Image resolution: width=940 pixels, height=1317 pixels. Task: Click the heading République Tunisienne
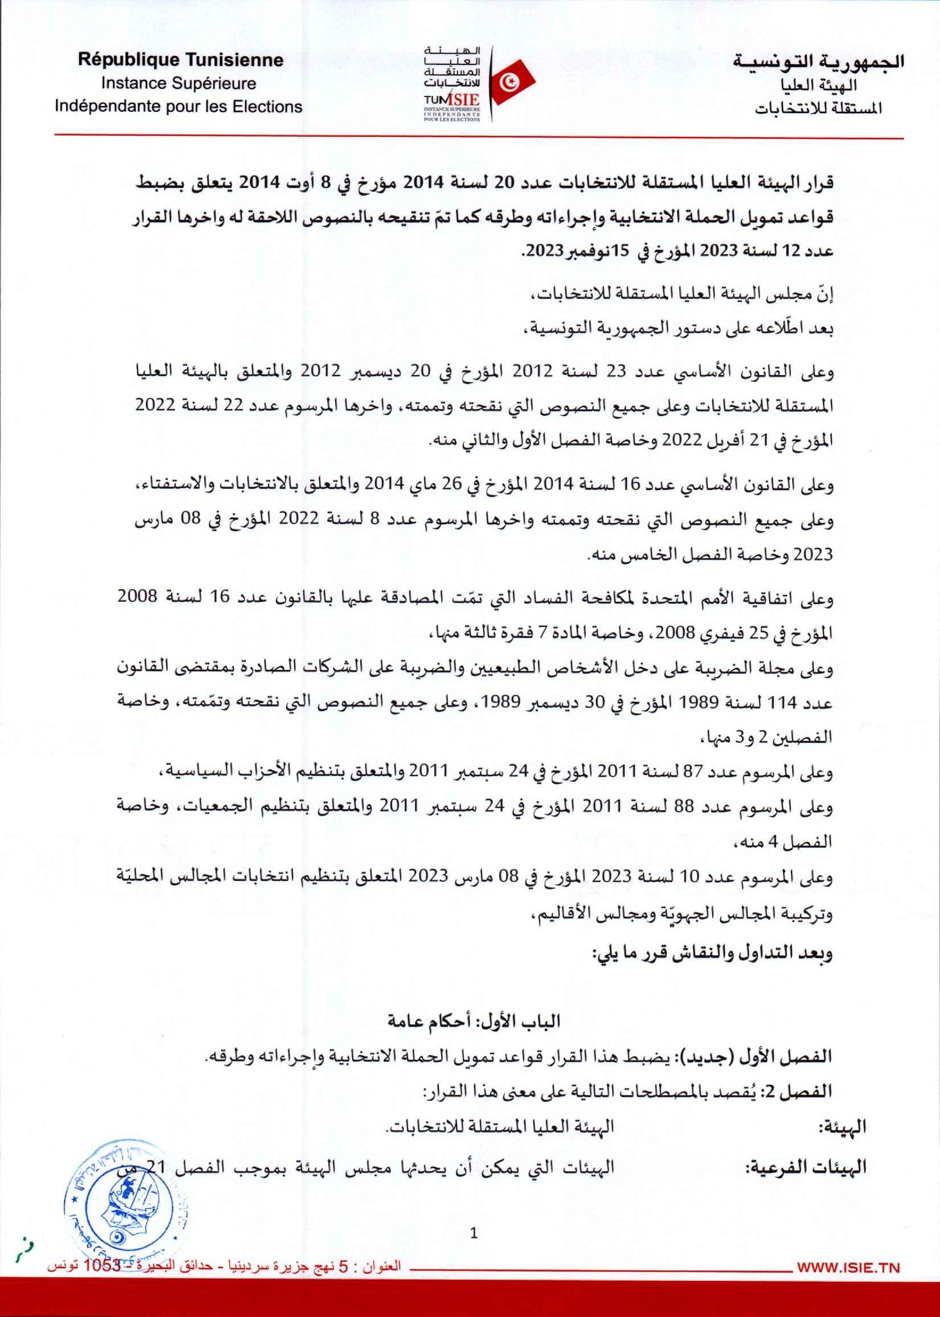(x=180, y=60)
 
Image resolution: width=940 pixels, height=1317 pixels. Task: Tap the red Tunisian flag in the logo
(x=513, y=81)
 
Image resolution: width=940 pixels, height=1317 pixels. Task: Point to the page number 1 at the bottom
(x=474, y=1233)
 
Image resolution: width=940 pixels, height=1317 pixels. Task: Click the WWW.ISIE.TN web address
(x=848, y=1268)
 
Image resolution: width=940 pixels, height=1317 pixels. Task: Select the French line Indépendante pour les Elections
(x=178, y=106)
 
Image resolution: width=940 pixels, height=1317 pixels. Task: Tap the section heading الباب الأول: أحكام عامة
(x=474, y=1021)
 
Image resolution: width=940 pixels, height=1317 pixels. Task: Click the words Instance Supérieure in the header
(x=178, y=84)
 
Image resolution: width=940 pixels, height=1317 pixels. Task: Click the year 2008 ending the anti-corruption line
(x=137, y=596)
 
